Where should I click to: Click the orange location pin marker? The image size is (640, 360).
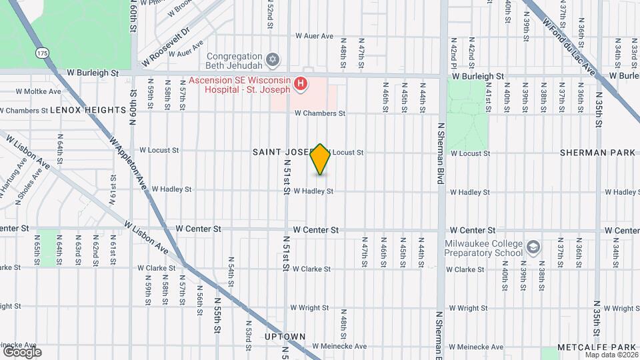[321, 159]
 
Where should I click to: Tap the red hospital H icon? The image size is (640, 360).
[301, 83]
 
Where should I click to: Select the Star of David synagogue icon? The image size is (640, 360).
[271, 61]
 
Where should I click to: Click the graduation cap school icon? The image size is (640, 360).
[533, 247]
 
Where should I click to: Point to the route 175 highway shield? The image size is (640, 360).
[43, 53]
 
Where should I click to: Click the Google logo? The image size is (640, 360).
[22, 351]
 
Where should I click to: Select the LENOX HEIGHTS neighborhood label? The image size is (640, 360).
[88, 110]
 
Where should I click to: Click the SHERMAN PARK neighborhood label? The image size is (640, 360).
[597, 153]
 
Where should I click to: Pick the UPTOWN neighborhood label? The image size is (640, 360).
[285, 337]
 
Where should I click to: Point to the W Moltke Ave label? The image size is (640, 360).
[38, 91]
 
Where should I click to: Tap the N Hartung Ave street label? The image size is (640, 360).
[9, 190]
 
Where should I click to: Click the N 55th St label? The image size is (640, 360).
[217, 320]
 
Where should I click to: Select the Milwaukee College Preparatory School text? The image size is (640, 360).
[484, 248]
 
